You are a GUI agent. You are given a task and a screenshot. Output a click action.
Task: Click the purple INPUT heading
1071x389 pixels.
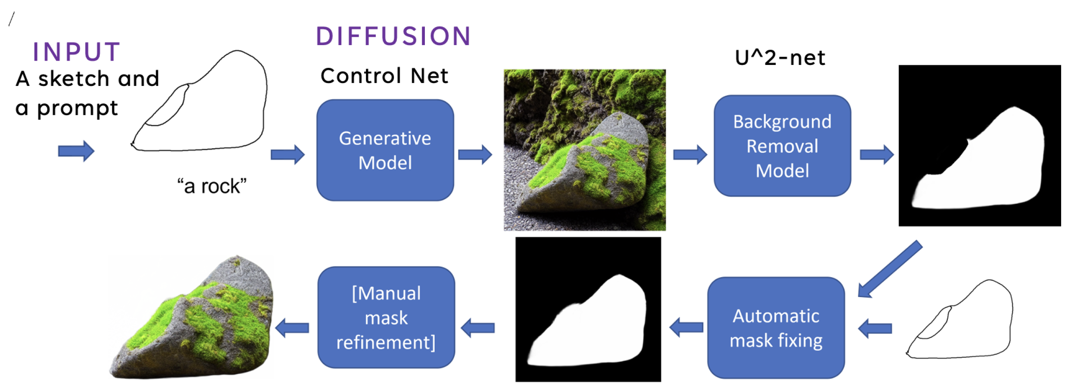77,52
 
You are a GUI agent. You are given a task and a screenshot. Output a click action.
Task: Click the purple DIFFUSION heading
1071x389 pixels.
393,36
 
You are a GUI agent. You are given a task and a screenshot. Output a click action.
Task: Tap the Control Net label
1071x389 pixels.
384,76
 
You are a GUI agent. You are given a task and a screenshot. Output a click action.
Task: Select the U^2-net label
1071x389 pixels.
780,58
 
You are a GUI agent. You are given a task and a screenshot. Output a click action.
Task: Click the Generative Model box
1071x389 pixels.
385,150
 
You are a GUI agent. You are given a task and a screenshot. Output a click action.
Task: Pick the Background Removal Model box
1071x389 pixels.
782,146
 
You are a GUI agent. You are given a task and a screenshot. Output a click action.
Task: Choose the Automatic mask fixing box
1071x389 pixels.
776,328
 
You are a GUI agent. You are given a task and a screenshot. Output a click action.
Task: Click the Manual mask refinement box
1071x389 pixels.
386,318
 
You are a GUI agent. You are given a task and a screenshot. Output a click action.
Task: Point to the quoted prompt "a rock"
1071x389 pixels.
212,186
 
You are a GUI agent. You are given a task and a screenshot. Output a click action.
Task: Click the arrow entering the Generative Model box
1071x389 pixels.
287,154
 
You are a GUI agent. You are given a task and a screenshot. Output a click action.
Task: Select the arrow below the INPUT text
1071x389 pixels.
76,151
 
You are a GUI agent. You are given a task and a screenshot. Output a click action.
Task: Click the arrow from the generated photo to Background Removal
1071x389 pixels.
690,154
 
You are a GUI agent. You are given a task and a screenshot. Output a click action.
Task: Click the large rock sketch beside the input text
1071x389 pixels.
207,107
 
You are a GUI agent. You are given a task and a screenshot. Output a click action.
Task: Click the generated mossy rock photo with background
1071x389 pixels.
584,150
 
